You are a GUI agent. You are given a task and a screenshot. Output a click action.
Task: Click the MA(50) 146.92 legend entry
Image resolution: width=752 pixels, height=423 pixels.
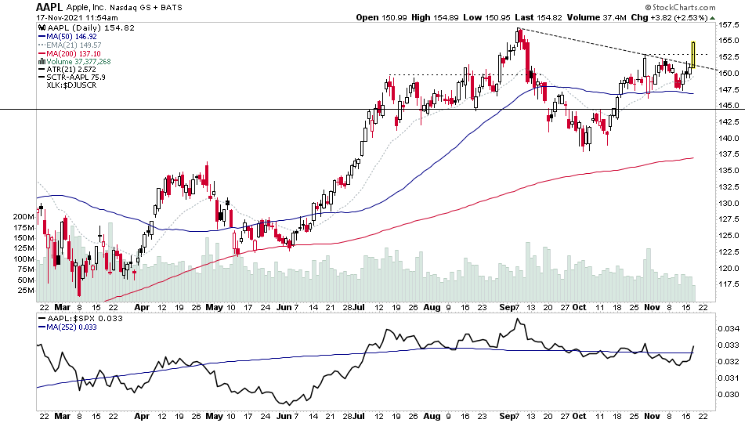pyautogui.click(x=72, y=36)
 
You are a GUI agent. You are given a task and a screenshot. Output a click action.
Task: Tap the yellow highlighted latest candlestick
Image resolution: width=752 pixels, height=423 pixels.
pyautogui.click(x=693, y=53)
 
